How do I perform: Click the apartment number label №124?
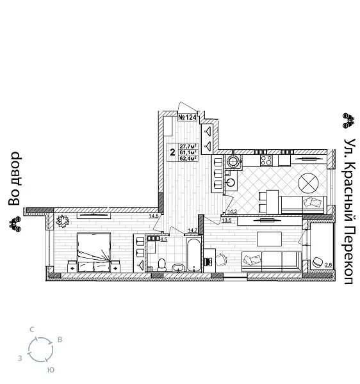186,117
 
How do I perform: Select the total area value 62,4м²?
187,160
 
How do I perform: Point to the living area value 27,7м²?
187,147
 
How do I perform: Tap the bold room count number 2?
172,152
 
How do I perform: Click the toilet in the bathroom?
162,263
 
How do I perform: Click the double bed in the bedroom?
94,252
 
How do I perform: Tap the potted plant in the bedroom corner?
63,220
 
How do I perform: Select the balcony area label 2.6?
328,265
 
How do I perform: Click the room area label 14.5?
153,216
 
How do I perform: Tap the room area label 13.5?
226,220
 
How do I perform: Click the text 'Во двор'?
15,179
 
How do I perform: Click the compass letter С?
32,329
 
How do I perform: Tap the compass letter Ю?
51,370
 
